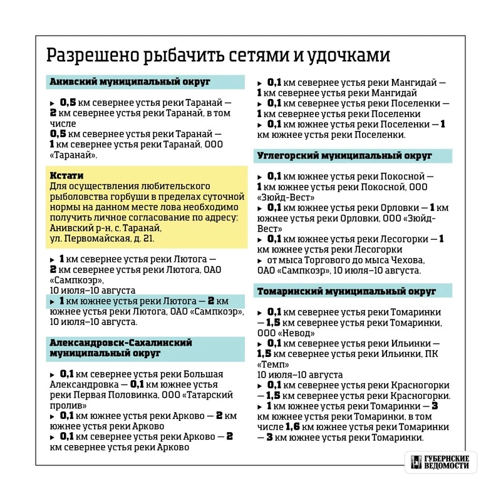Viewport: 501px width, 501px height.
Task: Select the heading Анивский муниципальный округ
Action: point(130,82)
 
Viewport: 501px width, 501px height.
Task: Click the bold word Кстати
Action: point(66,176)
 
